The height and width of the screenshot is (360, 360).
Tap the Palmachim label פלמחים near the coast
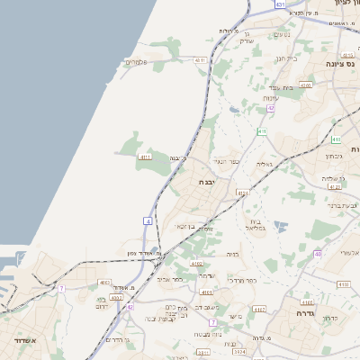(x=135, y=62)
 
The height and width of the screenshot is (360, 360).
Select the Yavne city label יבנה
(x=210, y=181)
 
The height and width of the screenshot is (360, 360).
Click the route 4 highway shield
(x=147, y=220)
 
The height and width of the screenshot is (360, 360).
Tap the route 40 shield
(x=318, y=254)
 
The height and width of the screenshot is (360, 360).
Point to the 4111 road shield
(x=145, y=157)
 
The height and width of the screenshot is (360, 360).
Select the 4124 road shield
(x=242, y=193)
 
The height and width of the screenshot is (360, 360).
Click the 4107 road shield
(x=259, y=309)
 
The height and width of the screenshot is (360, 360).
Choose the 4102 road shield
(x=197, y=263)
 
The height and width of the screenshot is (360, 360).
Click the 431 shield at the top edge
(x=280, y=4)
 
